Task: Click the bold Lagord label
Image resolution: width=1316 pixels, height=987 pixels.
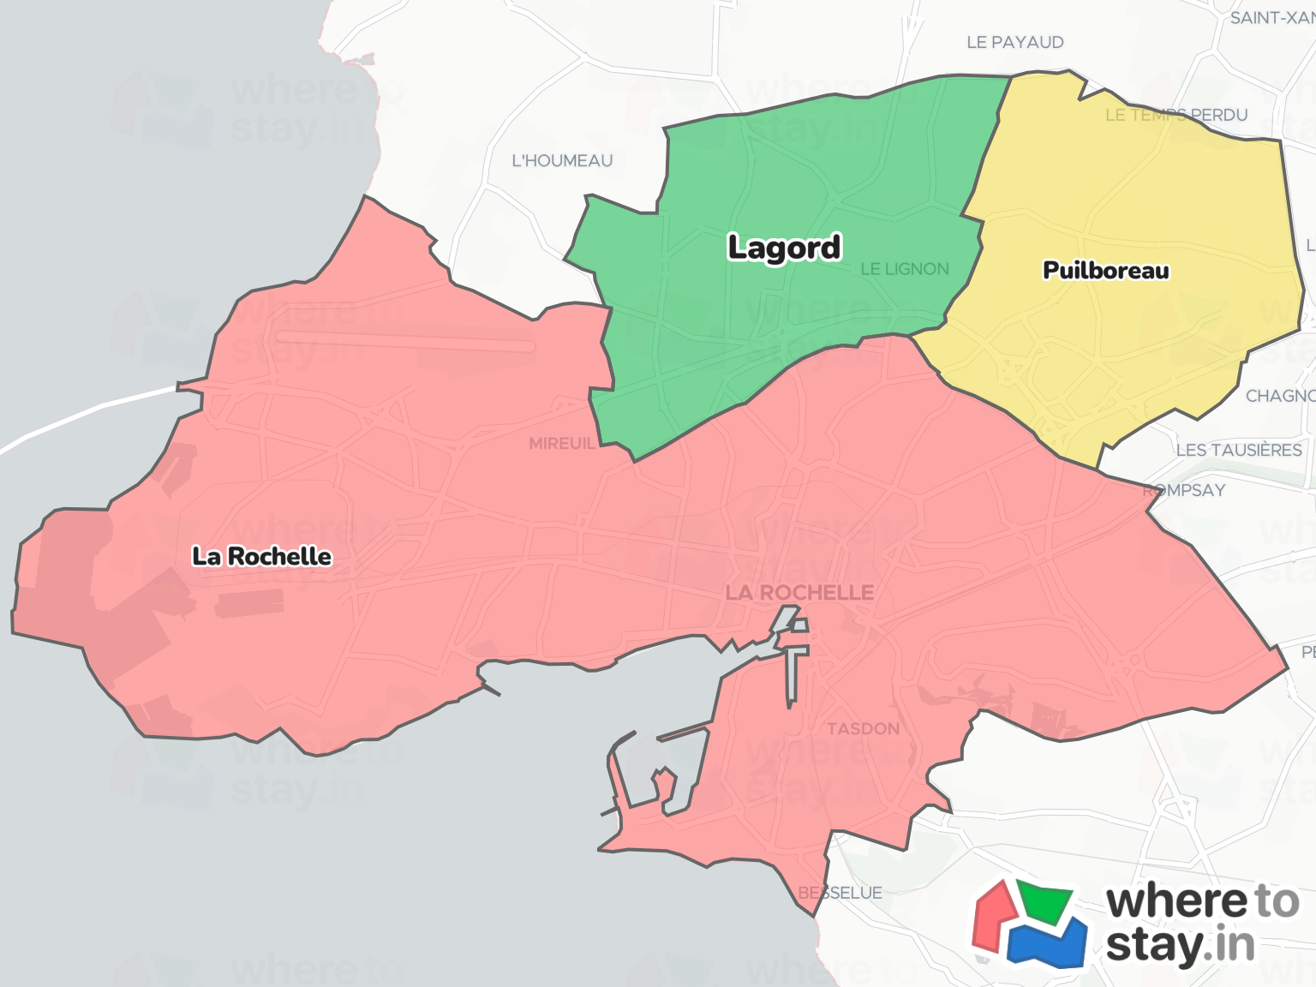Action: point(784,248)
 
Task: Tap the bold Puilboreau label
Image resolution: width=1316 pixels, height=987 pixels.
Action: point(1105,271)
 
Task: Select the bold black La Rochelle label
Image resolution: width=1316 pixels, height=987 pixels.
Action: point(261,557)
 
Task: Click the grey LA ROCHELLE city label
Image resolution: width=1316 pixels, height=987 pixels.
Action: point(799,593)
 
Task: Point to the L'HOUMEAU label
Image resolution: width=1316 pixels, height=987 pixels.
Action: point(562,161)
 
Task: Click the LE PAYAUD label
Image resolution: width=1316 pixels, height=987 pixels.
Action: point(1014,42)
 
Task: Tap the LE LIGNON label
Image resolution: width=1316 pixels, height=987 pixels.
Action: point(905,269)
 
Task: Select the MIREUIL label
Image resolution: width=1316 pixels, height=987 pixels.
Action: point(562,444)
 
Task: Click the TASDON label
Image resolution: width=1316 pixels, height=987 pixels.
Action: point(863,729)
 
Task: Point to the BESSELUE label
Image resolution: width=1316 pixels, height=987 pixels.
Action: point(840,893)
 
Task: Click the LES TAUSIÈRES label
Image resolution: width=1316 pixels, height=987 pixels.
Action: point(1239,451)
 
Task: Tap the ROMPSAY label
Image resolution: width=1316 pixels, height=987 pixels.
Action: point(1185,490)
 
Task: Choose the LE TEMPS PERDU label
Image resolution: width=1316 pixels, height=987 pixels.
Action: point(1176,115)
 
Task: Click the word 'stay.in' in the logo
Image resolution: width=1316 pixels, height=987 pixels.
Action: point(1180,946)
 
